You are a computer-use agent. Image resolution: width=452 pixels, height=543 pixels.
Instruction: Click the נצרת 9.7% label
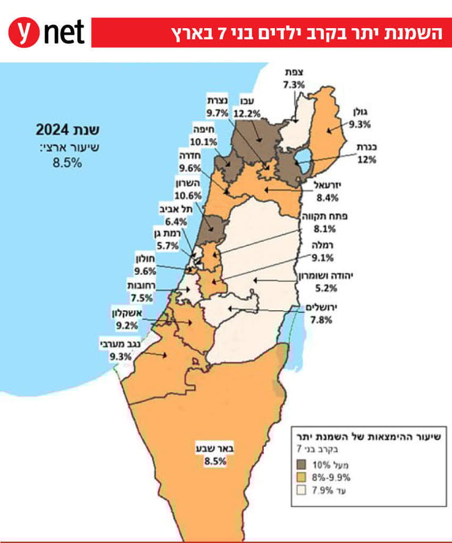point(217,107)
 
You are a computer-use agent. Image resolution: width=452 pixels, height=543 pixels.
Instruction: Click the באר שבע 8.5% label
point(214,456)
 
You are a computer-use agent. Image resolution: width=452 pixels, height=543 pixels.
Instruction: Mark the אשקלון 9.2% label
point(126,318)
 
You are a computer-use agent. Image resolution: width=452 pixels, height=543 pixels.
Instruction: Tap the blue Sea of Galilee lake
point(303,166)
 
